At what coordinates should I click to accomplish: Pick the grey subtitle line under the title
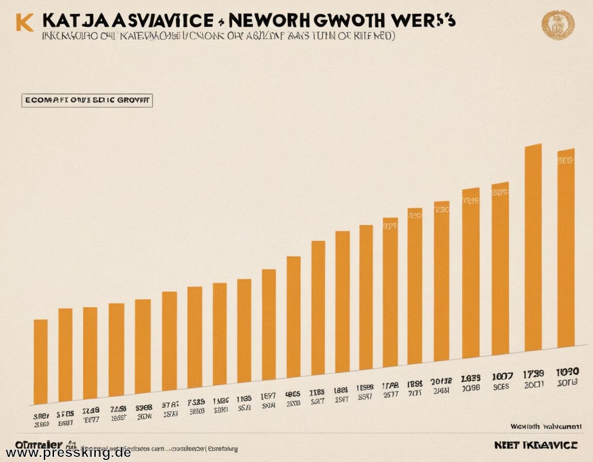pos(216,37)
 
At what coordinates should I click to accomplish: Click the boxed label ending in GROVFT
pos(87,100)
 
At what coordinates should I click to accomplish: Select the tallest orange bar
pos(533,247)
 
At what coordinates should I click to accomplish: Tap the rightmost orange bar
pos(566,247)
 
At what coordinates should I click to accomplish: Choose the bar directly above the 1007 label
pos(500,268)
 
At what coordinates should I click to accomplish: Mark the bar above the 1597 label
pos(269,325)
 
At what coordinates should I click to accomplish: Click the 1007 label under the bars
pos(502,376)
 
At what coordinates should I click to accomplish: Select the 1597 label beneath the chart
pos(268,396)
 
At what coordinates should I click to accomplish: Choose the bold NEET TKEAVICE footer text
pos(535,445)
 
